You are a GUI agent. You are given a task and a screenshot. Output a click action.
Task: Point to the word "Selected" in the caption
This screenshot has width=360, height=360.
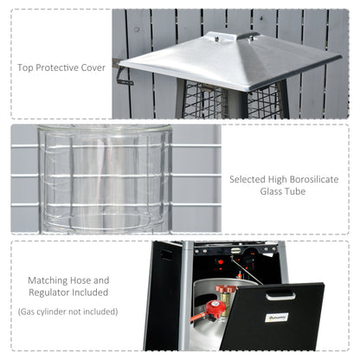tap(251, 181)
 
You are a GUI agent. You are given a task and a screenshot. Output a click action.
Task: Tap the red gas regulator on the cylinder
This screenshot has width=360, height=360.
tap(214, 306)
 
